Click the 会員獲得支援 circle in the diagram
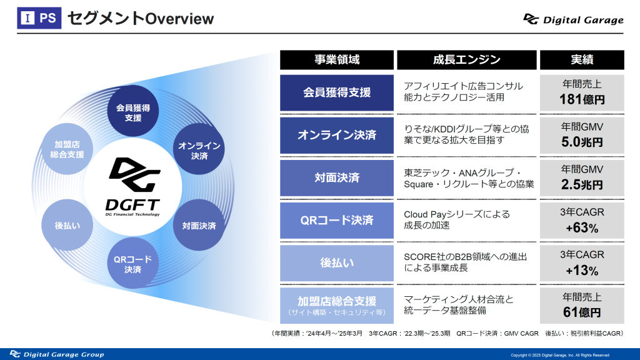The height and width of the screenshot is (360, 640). click(x=132, y=111)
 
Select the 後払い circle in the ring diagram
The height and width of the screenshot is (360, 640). click(x=67, y=225)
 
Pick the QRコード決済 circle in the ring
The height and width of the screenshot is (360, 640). click(x=132, y=263)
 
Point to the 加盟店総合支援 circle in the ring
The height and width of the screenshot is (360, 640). click(x=67, y=149)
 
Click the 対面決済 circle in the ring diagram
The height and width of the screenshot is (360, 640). click(x=199, y=225)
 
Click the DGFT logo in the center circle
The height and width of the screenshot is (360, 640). click(x=133, y=186)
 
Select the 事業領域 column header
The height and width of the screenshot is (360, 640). click(x=337, y=60)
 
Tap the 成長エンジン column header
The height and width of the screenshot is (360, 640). click(x=466, y=60)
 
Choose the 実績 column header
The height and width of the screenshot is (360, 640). click(x=582, y=60)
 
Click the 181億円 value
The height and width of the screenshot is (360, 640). click(x=582, y=99)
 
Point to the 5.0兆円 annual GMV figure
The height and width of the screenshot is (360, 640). click(x=582, y=142)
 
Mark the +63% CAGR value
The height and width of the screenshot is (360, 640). click(x=582, y=227)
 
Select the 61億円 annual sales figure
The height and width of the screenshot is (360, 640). click(x=582, y=312)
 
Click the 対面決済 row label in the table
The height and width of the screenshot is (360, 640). click(x=337, y=178)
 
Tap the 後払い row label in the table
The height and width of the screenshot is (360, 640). click(x=337, y=263)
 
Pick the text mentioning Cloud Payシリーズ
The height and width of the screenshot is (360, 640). click(x=457, y=219)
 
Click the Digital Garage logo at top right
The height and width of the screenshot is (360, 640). click(x=573, y=19)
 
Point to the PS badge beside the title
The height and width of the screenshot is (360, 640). click(x=39, y=18)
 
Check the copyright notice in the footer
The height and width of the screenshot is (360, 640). click(x=560, y=355)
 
